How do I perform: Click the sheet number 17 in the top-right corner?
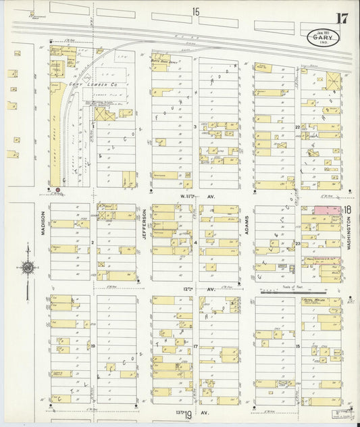[x=342, y=18]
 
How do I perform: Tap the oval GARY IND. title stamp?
[x=323, y=39]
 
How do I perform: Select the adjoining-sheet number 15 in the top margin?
[x=196, y=11]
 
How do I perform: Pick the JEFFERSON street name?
[x=144, y=224]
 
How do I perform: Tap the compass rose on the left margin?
[x=27, y=268]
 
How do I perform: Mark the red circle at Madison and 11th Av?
[x=57, y=190]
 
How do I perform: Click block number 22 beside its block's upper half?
[x=297, y=126]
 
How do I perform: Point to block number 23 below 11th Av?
[x=297, y=243]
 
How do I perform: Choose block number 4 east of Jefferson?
[x=195, y=242]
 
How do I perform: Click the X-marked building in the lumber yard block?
[x=105, y=114]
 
